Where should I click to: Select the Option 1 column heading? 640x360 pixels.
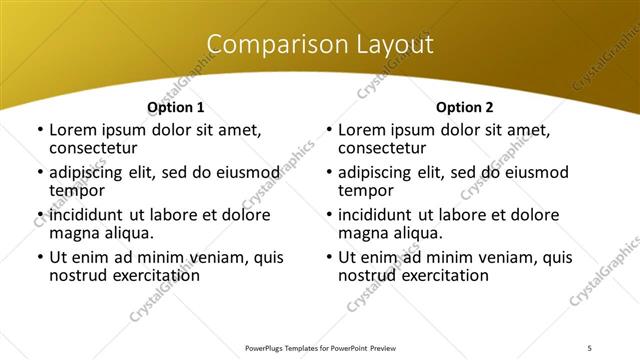(175, 107)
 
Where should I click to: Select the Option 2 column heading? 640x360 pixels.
(464, 107)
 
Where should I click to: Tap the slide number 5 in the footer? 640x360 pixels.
(589, 347)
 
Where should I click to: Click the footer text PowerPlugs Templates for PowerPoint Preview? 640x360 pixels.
(320, 347)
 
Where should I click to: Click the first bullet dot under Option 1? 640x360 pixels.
(38, 130)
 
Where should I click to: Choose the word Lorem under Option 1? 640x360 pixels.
(73, 130)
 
